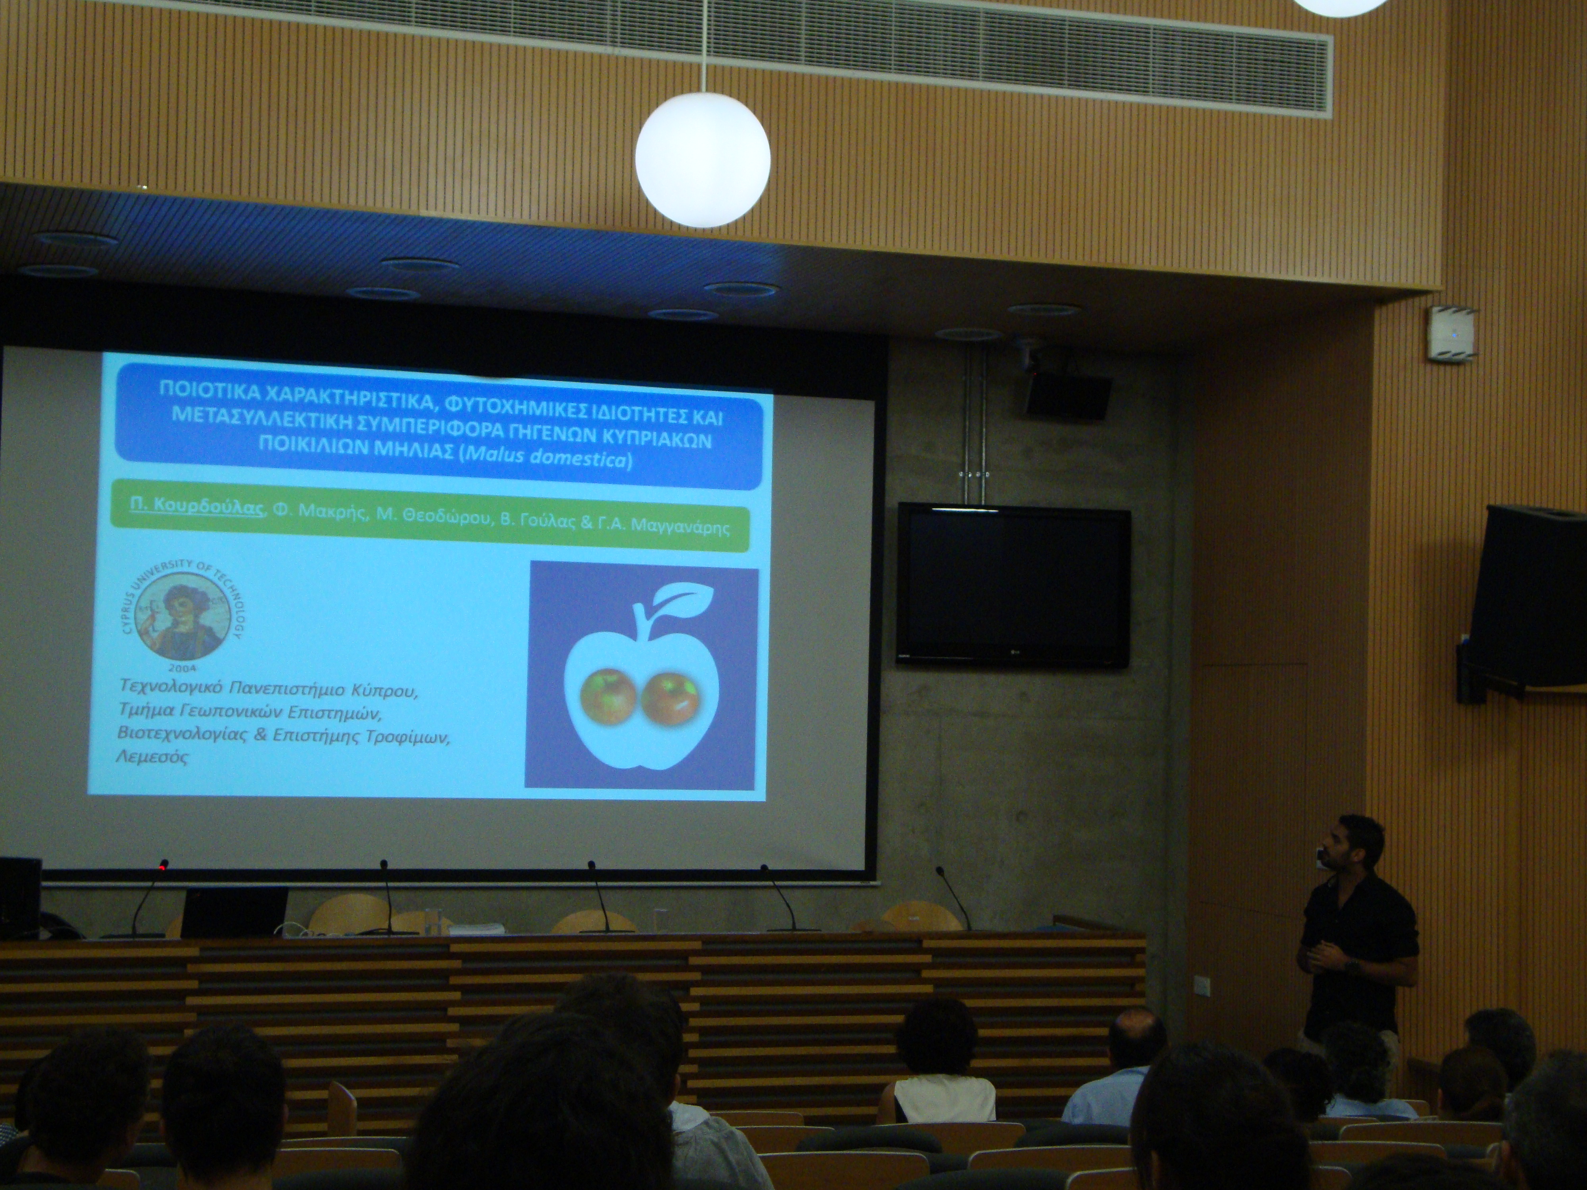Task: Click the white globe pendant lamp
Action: (702, 160)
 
